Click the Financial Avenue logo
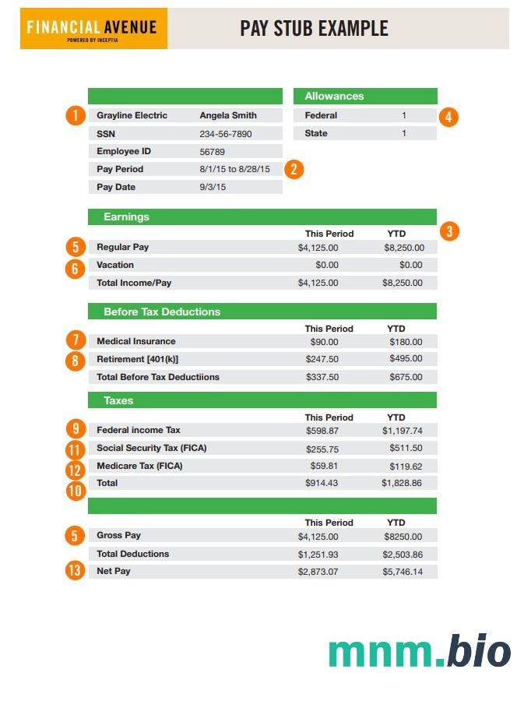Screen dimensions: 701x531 (93, 29)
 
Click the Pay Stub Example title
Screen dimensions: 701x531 (314, 29)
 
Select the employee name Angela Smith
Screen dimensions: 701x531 (228, 115)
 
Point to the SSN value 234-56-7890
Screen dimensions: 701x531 (226, 134)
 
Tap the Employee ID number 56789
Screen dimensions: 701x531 (212, 152)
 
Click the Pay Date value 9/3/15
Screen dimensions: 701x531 (213, 187)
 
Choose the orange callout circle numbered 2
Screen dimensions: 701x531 (294, 169)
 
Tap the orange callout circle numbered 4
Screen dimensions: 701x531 (448, 117)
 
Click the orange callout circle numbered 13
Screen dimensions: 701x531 (75, 571)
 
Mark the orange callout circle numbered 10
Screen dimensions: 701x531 (75, 491)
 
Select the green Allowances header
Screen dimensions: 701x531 (365, 97)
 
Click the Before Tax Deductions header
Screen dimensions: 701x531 (162, 312)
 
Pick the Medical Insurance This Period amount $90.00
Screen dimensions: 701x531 (324, 342)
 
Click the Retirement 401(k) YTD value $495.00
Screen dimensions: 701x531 (406, 359)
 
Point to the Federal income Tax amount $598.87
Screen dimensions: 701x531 (322, 431)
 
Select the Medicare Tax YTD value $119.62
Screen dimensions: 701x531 (406, 467)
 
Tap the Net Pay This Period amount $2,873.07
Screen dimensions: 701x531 (318, 572)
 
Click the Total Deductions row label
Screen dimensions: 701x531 (132, 554)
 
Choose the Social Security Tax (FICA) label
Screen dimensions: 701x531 (151, 448)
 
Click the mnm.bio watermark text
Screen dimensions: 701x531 (419, 651)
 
